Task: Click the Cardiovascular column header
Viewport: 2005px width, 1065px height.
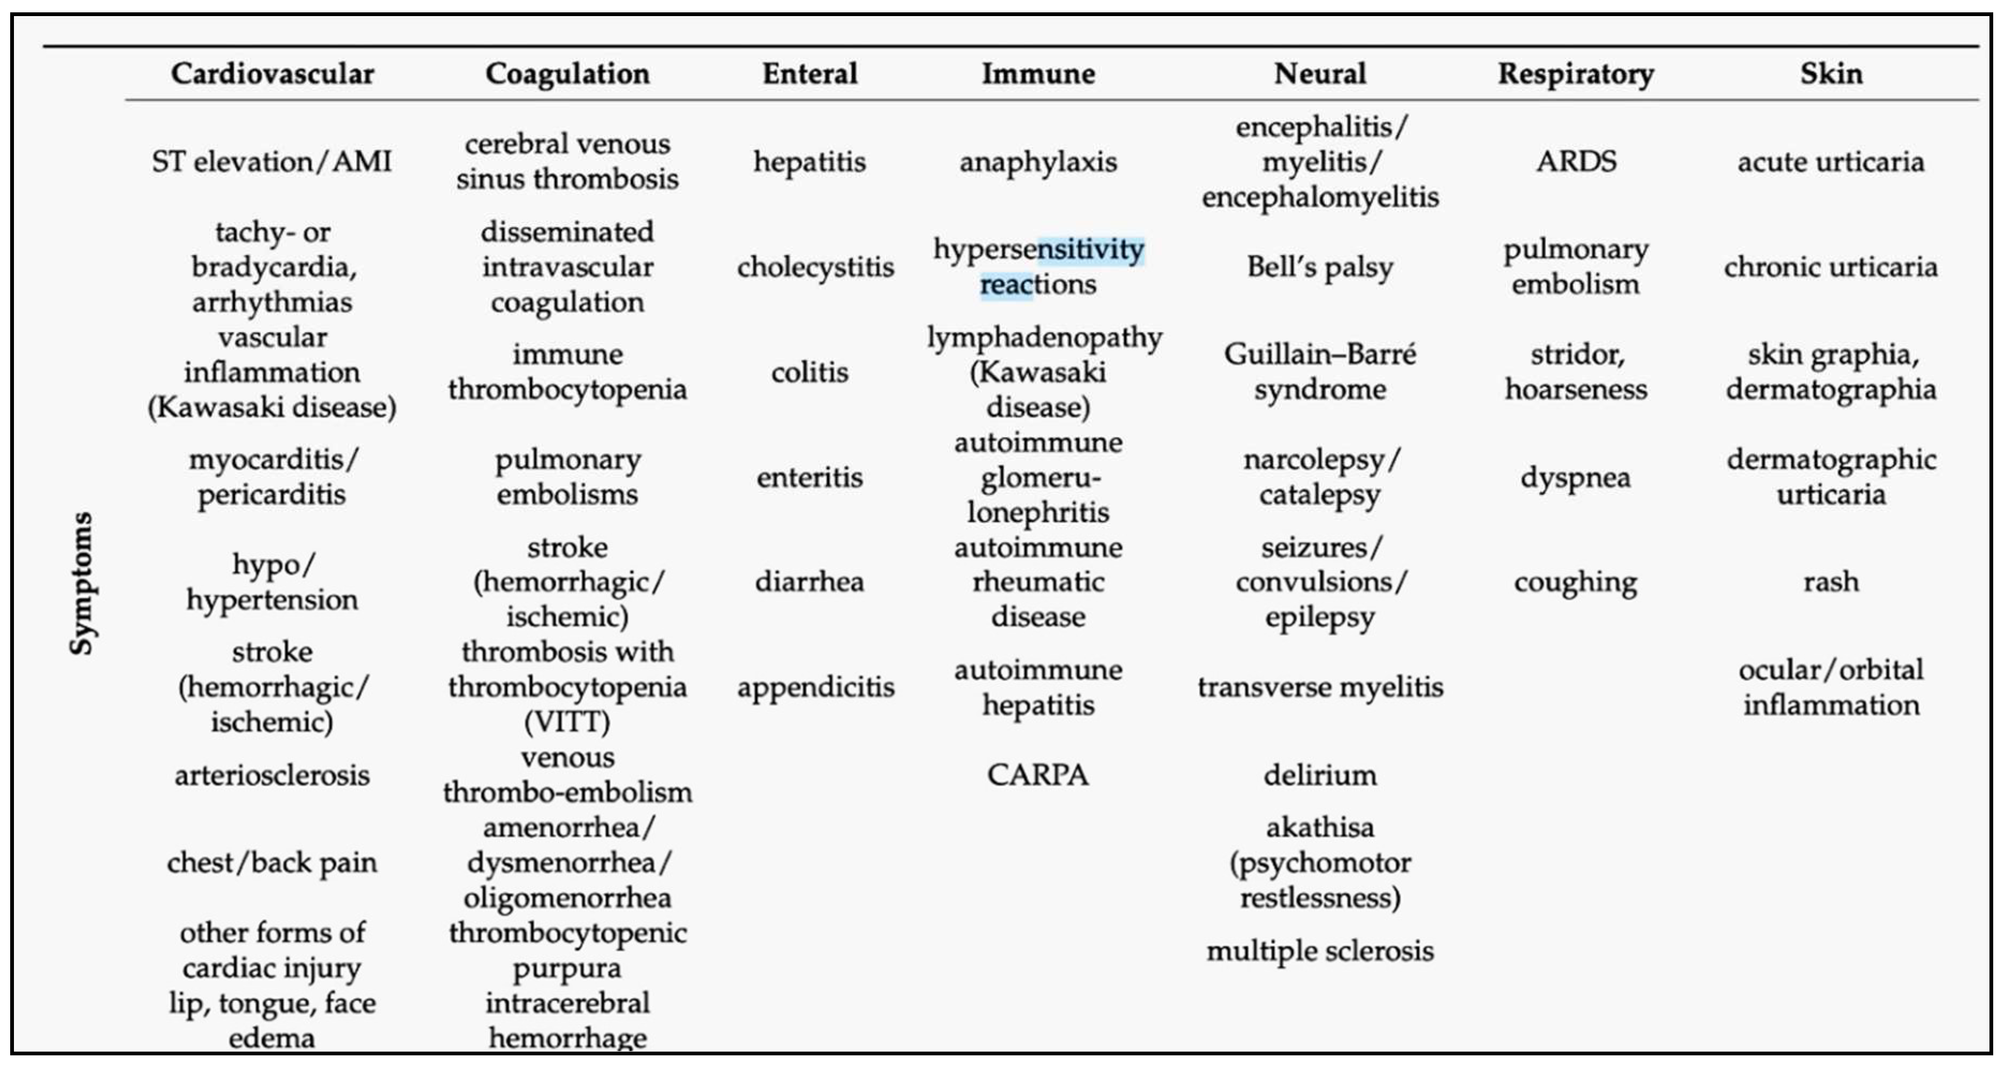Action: pos(272,74)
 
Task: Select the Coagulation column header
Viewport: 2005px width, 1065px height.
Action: pos(567,74)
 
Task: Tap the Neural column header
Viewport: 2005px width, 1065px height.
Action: pos(1320,74)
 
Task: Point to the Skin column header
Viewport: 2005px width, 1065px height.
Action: pos(1831,74)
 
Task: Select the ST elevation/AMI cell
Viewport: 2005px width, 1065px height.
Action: pos(272,162)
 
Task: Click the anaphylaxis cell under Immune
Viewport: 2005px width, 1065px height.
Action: pos(1038,162)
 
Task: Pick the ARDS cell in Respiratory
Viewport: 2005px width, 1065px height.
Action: pos(1576,162)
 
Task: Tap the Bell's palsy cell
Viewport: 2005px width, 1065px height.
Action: pos(1320,267)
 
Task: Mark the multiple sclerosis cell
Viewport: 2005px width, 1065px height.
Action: pos(1320,951)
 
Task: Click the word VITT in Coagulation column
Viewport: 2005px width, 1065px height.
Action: pos(567,722)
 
